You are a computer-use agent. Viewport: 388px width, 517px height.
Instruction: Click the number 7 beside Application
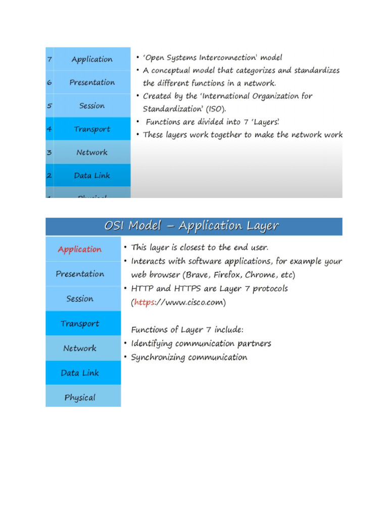(x=50, y=60)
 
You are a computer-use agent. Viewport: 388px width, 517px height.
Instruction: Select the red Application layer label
(x=79, y=249)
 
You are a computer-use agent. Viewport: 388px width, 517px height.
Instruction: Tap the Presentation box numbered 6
(x=92, y=82)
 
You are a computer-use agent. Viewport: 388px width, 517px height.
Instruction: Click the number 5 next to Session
(x=50, y=106)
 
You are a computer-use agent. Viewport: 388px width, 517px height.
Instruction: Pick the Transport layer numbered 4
(x=92, y=129)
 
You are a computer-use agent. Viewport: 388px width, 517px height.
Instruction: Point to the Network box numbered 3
(x=92, y=152)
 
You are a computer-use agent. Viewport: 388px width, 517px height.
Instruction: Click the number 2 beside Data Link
(x=50, y=176)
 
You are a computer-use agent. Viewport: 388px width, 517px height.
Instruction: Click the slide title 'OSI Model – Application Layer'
(x=191, y=226)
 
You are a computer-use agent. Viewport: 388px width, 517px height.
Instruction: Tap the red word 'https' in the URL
(x=144, y=303)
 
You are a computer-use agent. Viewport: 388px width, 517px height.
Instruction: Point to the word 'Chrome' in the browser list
(x=261, y=275)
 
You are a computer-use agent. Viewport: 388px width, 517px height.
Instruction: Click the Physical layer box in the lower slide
(x=80, y=398)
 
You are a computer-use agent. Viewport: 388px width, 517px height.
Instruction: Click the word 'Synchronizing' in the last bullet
(x=158, y=357)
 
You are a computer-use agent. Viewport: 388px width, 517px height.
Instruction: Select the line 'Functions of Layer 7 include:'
(x=187, y=330)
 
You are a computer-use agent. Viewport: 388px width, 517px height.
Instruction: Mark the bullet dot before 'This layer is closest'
(x=125, y=248)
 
